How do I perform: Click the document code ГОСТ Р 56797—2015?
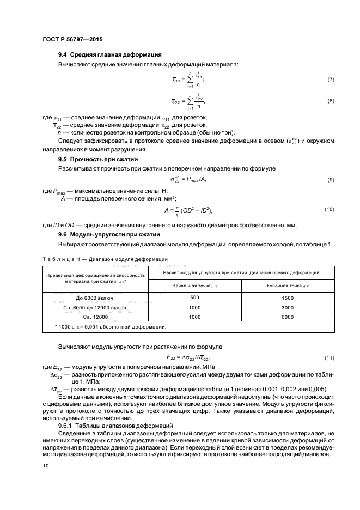click(72, 40)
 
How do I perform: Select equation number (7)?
click(330, 80)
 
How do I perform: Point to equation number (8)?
click(330, 101)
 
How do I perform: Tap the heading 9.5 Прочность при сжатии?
click(98, 159)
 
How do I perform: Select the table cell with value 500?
click(194, 298)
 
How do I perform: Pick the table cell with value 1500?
click(288, 298)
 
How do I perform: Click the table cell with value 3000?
click(288, 307)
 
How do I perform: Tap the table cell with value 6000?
click(288, 317)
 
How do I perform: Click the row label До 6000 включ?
click(95, 298)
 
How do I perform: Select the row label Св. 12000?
click(95, 317)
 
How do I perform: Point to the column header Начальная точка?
click(194, 285)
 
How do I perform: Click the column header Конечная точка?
click(288, 285)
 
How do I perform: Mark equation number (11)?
click(329, 357)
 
